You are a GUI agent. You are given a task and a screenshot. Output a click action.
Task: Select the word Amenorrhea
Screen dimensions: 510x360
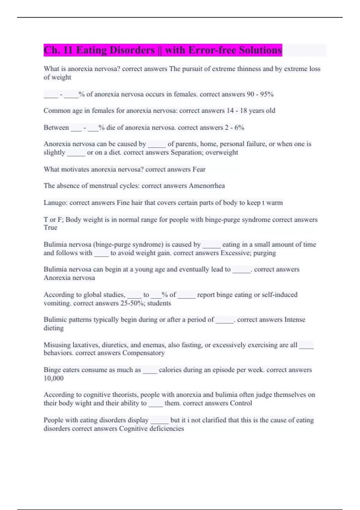[207, 186]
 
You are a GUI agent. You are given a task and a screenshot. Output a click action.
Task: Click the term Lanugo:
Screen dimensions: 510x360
[55, 203]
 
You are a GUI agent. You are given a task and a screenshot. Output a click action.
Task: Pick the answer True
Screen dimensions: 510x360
[50, 227]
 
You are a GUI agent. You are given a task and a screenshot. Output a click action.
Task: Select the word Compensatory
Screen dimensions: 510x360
[143, 353]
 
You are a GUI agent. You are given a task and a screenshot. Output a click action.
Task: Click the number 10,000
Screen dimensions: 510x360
[54, 378]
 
